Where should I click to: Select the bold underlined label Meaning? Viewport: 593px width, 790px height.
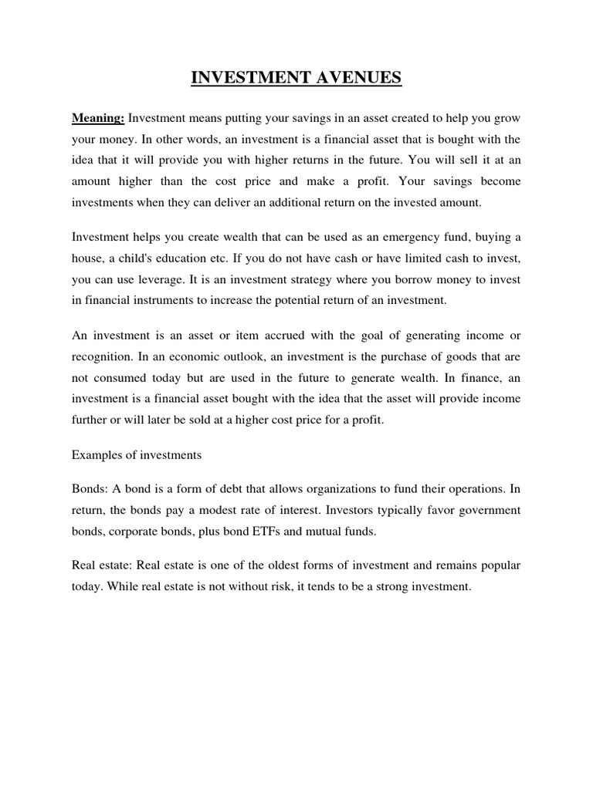(x=98, y=118)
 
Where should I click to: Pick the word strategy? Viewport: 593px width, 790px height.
(x=328, y=279)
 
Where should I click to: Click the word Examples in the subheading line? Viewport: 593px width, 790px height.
(x=96, y=455)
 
